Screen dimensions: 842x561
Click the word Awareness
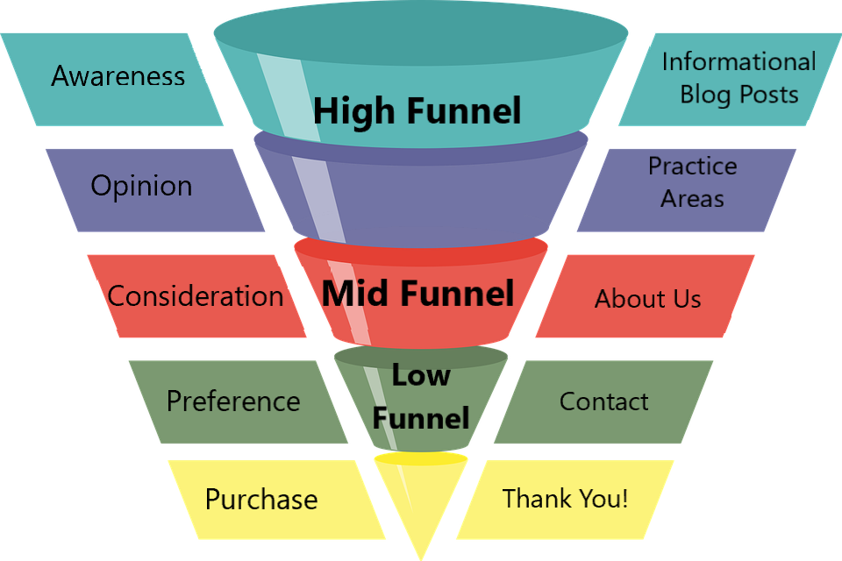pos(118,75)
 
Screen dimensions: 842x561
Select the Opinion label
pos(141,187)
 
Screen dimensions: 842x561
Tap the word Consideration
pos(196,295)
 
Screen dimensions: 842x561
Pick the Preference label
pos(233,401)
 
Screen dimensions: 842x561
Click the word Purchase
pos(261,500)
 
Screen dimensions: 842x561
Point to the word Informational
pos(739,61)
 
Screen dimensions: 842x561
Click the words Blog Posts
pos(739,95)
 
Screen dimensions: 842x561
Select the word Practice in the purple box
pos(692,166)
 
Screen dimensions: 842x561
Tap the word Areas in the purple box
pos(692,199)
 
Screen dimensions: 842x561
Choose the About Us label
pos(647,299)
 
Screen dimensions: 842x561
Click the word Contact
pos(603,401)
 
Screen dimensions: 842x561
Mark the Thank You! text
pos(565,498)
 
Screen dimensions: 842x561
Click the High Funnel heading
pos(417,111)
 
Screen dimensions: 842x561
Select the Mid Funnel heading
pos(417,294)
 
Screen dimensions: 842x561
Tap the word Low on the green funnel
pos(420,374)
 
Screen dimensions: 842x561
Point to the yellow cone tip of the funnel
pos(420,558)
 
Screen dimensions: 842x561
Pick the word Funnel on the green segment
pos(421,417)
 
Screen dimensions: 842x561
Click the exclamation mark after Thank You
pos(624,498)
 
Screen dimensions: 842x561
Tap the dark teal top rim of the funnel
pos(420,33)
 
